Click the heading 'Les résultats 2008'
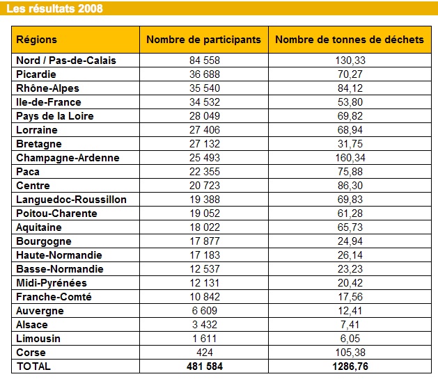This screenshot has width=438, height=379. pyautogui.click(x=55, y=8)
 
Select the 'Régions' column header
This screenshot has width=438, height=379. pyautogui.click(x=37, y=40)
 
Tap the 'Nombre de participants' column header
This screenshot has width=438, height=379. pyautogui.click(x=204, y=40)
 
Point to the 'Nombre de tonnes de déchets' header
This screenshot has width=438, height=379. pyautogui.click(x=350, y=40)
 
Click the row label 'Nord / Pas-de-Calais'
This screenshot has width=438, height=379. pyautogui.click(x=66, y=61)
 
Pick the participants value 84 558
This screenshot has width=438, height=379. pyautogui.click(x=205, y=61)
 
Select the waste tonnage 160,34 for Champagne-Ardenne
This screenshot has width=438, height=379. pyautogui.click(x=350, y=158)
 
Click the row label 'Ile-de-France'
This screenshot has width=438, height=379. pyautogui.click(x=49, y=102)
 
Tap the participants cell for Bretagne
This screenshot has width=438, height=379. pyautogui.click(x=205, y=144)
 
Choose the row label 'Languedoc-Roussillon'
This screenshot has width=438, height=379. pyautogui.click(x=71, y=200)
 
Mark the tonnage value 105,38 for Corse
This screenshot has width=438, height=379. pyautogui.click(x=350, y=353)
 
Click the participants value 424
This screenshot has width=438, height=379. pyautogui.click(x=205, y=353)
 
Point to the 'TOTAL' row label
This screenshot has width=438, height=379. pyautogui.click(x=33, y=366)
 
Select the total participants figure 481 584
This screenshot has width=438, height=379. pyautogui.click(x=205, y=366)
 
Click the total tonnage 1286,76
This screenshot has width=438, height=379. pyautogui.click(x=350, y=366)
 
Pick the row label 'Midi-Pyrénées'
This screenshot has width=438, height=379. pyautogui.click(x=52, y=283)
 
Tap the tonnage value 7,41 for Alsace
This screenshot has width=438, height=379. pyautogui.click(x=350, y=325)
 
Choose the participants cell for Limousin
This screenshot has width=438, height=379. pyautogui.click(x=205, y=339)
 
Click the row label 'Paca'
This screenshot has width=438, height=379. pyautogui.click(x=28, y=172)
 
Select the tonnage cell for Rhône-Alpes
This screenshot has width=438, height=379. pyautogui.click(x=350, y=88)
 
